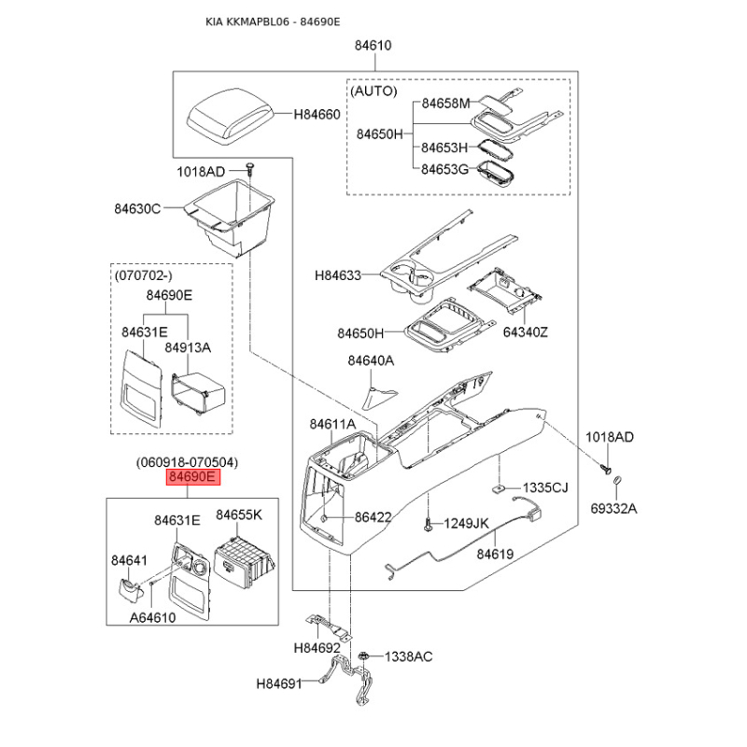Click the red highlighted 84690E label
(192, 477)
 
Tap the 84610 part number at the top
(373, 45)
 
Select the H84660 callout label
(317, 115)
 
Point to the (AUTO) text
(373, 92)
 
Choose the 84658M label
(445, 104)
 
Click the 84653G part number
(444, 169)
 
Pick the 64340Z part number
(526, 332)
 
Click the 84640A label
(371, 359)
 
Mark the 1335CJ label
(544, 488)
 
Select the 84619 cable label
(495, 554)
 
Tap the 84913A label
(188, 347)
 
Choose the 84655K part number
(239, 514)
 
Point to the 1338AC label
(408, 656)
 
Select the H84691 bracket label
(279, 684)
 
